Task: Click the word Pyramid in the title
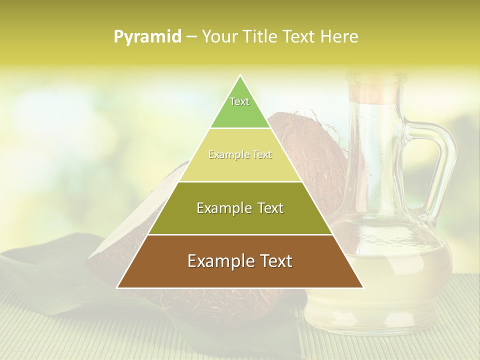147,36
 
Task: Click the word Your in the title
219,36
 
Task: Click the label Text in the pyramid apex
239,101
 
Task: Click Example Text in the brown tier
240,261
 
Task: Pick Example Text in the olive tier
240,208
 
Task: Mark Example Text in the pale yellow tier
240,155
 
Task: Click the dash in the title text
191,36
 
